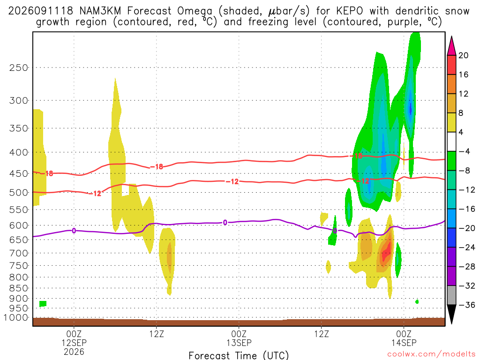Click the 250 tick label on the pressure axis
click(x=19, y=67)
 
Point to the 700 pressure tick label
click(x=19, y=253)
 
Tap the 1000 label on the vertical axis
click(x=16, y=317)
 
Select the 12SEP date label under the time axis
click(x=74, y=343)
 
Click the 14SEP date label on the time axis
click(x=404, y=343)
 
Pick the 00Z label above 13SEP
click(x=239, y=334)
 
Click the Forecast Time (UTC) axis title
click(x=239, y=355)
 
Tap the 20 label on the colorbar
click(x=464, y=55)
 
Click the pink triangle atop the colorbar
click(x=451, y=46)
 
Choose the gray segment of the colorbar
click(x=451, y=295)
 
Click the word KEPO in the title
click(x=350, y=11)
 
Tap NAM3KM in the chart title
click(x=100, y=11)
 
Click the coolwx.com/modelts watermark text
click(x=431, y=354)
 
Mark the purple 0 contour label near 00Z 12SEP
click(x=74, y=231)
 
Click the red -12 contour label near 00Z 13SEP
click(x=232, y=181)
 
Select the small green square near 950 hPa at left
click(x=43, y=304)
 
